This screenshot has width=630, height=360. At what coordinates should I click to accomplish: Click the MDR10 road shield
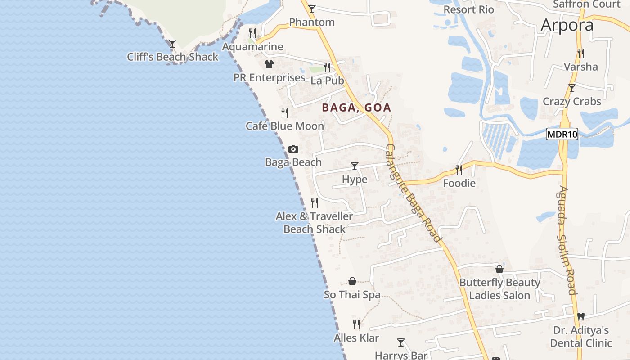click(562, 134)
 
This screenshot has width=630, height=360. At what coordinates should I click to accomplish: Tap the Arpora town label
click(567, 25)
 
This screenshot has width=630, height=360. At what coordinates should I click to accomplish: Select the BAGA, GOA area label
click(356, 108)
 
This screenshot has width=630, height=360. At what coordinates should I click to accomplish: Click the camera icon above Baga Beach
click(293, 149)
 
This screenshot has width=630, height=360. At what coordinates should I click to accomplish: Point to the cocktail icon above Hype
click(355, 166)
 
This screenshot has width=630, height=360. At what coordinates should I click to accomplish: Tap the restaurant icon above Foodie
click(459, 170)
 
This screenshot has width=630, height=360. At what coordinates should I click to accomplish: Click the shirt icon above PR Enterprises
click(269, 64)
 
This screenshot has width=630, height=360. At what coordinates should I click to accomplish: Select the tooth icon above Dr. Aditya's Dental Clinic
click(580, 316)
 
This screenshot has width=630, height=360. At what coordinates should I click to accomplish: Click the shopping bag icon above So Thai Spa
click(352, 281)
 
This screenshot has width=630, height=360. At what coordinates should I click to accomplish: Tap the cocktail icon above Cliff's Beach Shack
click(172, 44)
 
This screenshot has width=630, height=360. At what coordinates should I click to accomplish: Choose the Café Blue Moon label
click(285, 126)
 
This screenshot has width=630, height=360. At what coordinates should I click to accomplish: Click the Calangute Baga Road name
click(413, 193)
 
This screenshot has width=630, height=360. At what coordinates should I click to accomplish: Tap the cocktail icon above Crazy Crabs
click(571, 88)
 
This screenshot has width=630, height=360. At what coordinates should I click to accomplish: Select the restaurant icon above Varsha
click(581, 54)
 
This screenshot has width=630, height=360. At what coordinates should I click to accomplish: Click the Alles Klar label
click(356, 337)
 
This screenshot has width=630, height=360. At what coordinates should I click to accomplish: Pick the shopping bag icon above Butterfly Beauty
click(499, 269)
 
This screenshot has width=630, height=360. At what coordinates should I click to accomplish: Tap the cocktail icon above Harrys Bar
click(401, 342)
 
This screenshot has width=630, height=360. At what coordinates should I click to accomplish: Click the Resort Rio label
click(468, 9)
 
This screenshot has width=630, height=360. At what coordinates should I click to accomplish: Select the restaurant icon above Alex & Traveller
click(315, 203)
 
